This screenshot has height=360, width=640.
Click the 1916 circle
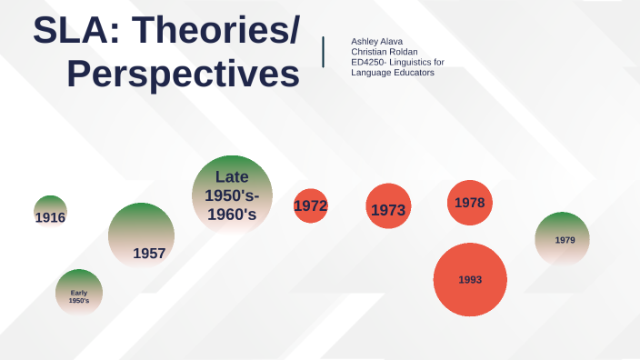(51, 213)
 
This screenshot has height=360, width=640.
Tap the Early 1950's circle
(79, 293)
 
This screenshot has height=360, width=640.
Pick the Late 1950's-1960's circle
(232, 195)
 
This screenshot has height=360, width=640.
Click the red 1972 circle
(310, 206)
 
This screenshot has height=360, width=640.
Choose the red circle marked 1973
(388, 209)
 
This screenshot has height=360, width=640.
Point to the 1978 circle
(470, 202)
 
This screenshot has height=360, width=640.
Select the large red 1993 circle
(470, 279)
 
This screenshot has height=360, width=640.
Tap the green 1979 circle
(562, 239)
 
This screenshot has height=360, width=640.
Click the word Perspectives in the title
(184, 75)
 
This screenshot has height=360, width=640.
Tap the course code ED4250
(369, 62)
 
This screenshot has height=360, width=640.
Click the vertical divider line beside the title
(325, 51)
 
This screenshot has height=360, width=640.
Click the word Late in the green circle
(232, 176)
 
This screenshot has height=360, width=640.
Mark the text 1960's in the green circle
(232, 215)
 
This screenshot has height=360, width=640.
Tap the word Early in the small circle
(79, 292)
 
